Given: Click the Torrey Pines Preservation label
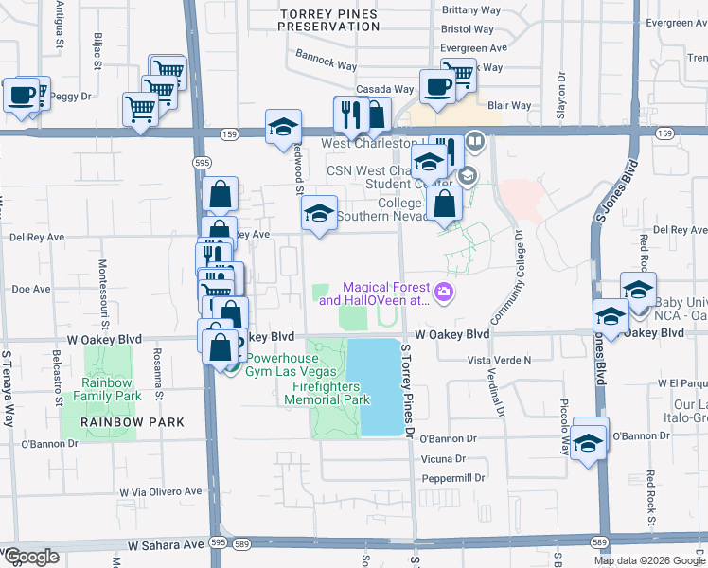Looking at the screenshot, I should pyautogui.click(x=328, y=19).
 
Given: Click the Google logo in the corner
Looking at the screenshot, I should pyautogui.click(x=30, y=557).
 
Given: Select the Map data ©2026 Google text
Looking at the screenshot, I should pyautogui.click(x=648, y=560).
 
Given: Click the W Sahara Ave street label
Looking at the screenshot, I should pyautogui.click(x=166, y=545).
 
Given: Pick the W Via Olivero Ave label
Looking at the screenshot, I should pyautogui.click(x=160, y=492).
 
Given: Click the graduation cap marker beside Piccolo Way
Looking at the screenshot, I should pyautogui.click(x=589, y=440).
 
